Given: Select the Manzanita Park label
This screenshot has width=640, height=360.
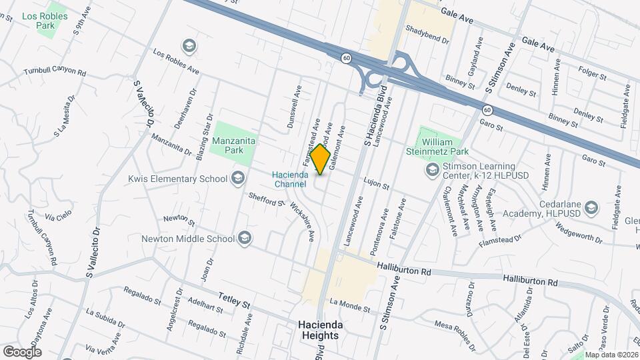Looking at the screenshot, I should tap(234, 146).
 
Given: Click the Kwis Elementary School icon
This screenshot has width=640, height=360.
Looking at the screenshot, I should tap(237, 178).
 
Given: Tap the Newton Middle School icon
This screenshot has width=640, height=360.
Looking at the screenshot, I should tap(245, 239).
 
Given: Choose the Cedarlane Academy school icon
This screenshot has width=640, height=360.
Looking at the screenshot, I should tap(589, 209).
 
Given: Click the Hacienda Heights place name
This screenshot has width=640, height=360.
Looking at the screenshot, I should tap(320, 330).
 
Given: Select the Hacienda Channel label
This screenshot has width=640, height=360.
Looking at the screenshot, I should tap(289, 179).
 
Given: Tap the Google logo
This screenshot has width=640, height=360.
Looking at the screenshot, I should tap(22, 351).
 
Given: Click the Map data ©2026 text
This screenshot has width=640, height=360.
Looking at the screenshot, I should tap(611, 355).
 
